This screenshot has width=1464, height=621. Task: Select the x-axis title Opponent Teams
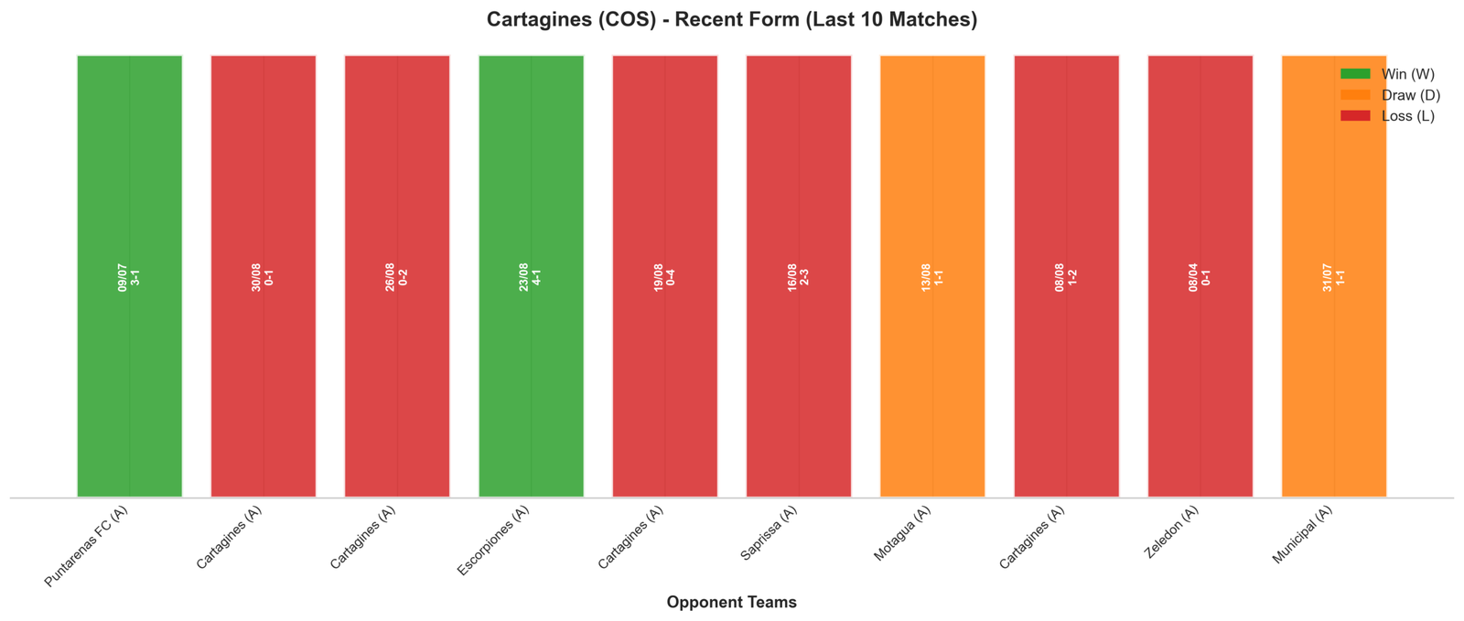click(731, 602)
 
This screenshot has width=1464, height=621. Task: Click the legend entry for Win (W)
click(1387, 74)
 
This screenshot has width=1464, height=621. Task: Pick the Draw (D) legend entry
click(1390, 95)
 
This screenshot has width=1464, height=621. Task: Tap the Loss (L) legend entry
click(1387, 116)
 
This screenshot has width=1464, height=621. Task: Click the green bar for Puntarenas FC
click(129, 276)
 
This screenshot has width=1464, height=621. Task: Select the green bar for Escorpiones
click(532, 276)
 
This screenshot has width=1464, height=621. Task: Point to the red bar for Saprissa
click(799, 276)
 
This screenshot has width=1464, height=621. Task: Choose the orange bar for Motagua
click(932, 276)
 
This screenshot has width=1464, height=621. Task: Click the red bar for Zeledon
click(1200, 276)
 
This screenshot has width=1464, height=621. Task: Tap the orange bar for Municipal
click(1334, 276)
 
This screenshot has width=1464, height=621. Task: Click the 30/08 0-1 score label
click(263, 277)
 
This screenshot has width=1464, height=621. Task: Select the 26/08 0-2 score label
click(397, 277)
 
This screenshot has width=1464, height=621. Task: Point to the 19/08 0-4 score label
click(664, 277)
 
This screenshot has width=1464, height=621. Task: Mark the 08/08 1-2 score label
click(1066, 277)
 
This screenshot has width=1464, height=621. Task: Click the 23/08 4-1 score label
click(530, 277)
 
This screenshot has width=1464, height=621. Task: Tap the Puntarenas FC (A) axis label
click(86, 546)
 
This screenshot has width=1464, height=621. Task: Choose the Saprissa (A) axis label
click(769, 533)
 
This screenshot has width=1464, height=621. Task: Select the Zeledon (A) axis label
click(1171, 532)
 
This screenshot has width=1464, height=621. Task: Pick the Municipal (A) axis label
click(1302, 535)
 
